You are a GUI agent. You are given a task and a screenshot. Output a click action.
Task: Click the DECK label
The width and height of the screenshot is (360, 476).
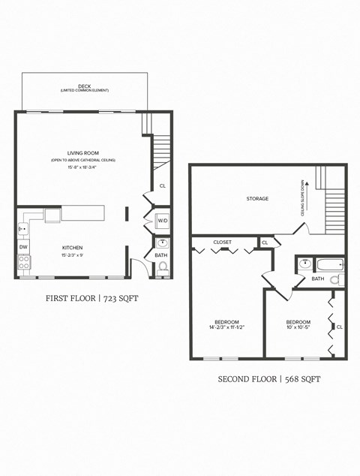pos(84,86)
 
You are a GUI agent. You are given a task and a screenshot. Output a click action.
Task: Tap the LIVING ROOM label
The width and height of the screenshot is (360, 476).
pos(82,153)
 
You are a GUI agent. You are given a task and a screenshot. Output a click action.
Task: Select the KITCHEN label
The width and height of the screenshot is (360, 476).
pos(72,248)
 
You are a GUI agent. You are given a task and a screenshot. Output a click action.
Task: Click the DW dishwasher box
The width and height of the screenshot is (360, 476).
pos(23,246)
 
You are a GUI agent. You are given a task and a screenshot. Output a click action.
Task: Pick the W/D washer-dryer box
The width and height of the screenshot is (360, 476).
pos(163,221)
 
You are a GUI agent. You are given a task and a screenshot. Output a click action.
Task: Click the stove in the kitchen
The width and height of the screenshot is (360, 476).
pos(24,262)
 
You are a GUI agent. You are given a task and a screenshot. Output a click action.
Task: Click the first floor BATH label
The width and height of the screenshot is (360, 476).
pos(161,255)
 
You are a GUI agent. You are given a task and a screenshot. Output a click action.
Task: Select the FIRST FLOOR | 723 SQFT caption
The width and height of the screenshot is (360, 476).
pos(92,298)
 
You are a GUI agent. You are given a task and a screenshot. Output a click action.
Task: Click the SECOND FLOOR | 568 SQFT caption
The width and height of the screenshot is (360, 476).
pos(269,379)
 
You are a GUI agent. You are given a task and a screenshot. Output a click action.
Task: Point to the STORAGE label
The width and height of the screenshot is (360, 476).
pos(257,199)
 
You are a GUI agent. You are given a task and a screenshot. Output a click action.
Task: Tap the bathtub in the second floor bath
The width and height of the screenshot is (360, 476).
pos(329,264)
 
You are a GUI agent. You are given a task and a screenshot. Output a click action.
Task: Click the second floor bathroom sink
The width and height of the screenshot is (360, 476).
pos(305,264)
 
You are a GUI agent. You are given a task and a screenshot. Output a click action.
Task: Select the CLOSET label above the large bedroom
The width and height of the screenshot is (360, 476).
pos(222,243)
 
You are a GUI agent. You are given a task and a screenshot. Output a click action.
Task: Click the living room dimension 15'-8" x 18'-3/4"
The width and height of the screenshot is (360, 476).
pos(82,167)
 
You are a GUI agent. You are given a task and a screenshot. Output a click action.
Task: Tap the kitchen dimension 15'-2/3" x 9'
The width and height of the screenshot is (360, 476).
pos(72,255)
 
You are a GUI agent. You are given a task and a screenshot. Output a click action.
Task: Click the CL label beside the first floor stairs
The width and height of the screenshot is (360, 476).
pos(162,186)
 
